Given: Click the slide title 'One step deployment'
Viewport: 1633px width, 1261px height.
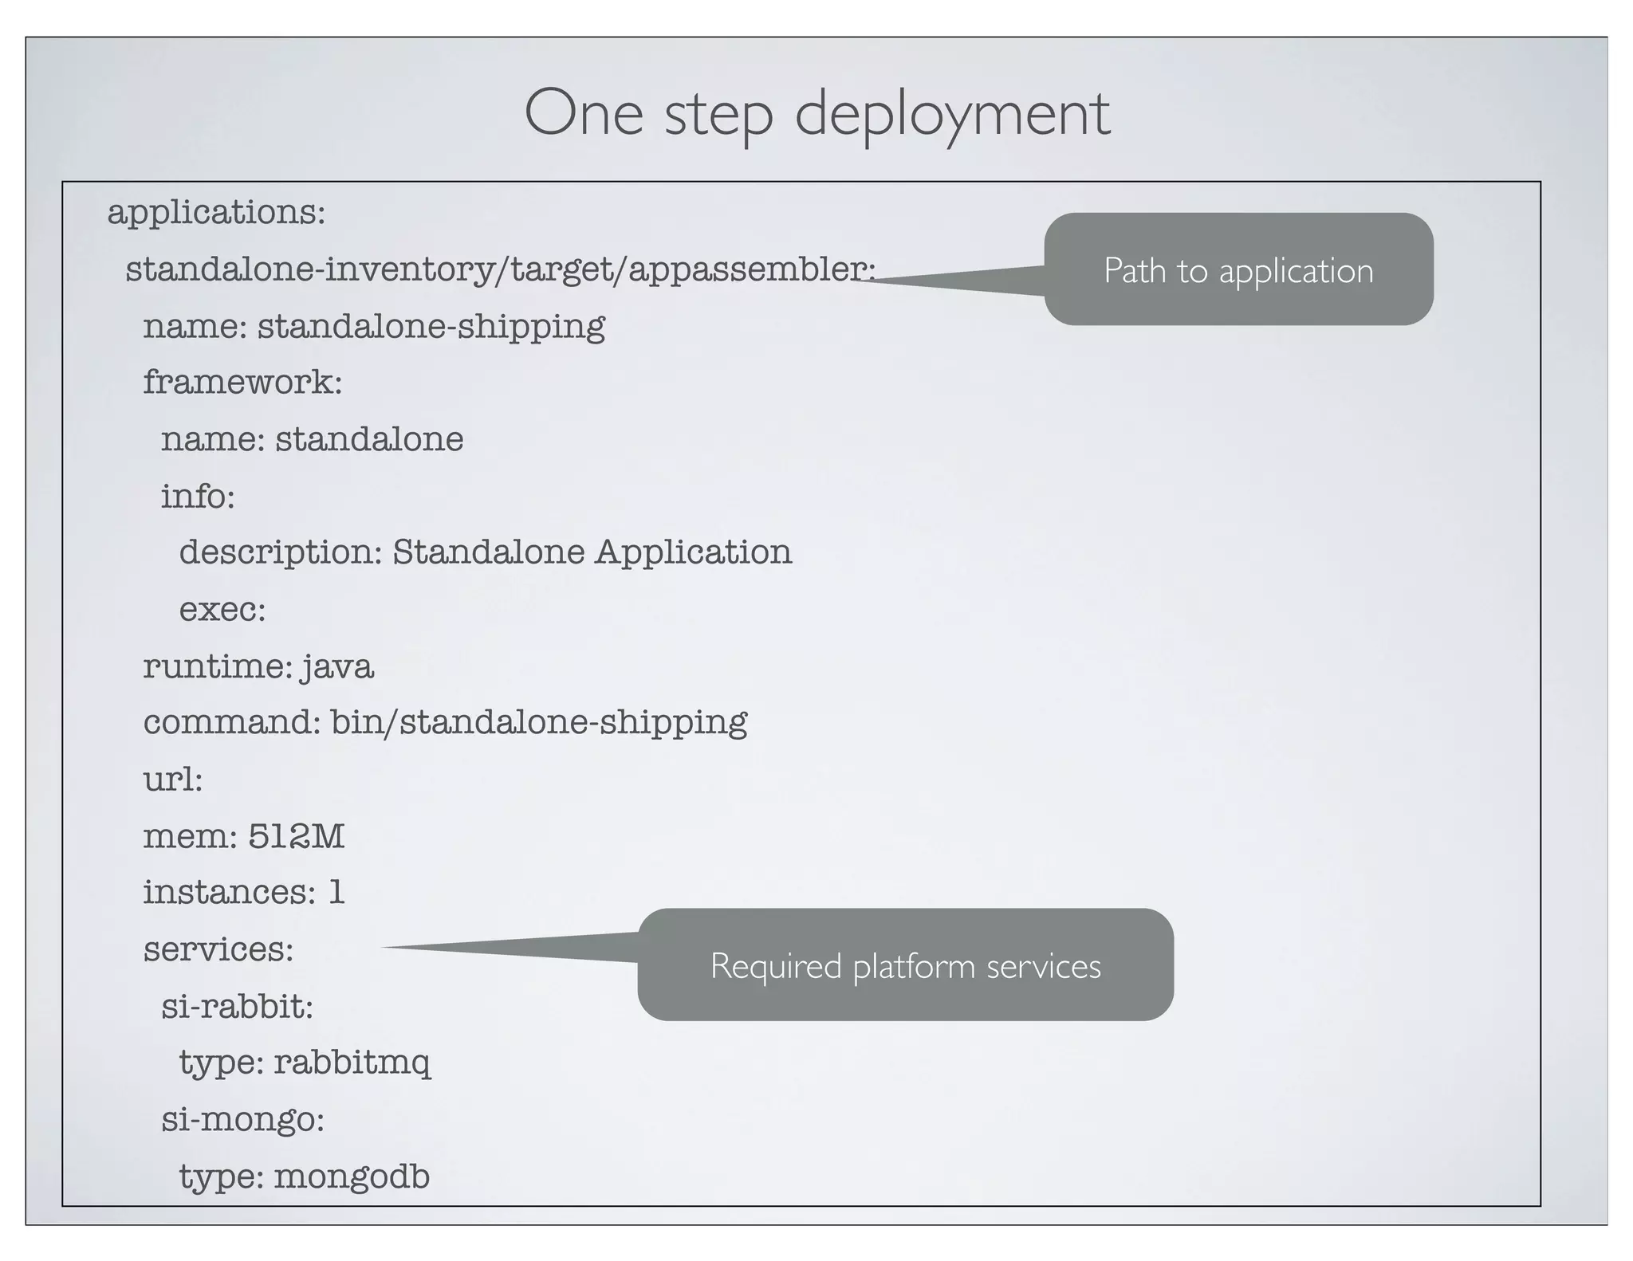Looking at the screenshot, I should click(816, 113).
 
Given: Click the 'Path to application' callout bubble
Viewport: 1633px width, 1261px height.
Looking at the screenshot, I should click(1238, 270).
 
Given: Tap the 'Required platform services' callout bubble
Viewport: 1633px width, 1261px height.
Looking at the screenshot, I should click(905, 965).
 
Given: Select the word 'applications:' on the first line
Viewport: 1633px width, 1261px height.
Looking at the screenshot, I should click(216, 213).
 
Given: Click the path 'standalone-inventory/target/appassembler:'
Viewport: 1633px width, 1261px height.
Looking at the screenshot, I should click(500, 269).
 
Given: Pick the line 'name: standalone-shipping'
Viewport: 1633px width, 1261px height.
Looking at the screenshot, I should click(374, 327).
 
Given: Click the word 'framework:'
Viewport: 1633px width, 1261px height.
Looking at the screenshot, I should click(242, 383).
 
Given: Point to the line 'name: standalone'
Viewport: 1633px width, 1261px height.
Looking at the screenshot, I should click(312, 439).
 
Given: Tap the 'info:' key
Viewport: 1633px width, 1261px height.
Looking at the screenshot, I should click(198, 497).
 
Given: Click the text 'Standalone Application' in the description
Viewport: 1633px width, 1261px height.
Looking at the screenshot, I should click(592, 552).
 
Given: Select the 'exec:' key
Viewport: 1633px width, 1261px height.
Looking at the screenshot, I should click(222, 610).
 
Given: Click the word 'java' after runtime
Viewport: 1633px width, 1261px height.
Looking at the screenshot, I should click(337, 666).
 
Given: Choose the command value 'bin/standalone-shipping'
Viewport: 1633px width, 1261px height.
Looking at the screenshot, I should click(539, 723).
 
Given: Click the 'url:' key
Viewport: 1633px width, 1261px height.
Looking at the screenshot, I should click(173, 780).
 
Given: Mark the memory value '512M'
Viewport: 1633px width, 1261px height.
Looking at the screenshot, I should click(296, 836).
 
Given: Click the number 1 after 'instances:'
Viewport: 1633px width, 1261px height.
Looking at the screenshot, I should click(336, 893).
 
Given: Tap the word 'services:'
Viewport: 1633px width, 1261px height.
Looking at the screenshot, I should click(218, 949).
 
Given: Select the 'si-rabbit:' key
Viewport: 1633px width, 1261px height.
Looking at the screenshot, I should click(237, 1007).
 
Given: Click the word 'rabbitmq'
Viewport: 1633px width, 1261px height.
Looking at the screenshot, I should click(352, 1063).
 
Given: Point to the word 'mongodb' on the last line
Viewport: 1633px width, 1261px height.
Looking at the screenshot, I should click(351, 1177).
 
